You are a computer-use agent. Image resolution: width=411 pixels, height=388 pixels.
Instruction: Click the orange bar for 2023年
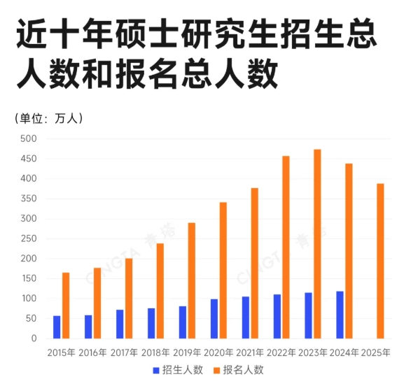(318, 244)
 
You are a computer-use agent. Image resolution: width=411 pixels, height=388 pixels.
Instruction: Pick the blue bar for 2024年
(340, 315)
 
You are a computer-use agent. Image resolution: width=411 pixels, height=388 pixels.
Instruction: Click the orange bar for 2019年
(192, 280)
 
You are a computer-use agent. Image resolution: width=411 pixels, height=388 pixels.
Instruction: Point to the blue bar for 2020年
(214, 319)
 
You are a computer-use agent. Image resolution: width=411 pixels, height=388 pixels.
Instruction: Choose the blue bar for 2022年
(277, 316)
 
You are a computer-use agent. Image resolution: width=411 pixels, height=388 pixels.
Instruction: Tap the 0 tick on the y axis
(33, 338)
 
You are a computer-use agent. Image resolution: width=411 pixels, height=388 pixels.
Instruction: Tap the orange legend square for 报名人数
(217, 370)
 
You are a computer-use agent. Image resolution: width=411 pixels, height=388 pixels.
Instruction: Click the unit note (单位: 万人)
(49, 118)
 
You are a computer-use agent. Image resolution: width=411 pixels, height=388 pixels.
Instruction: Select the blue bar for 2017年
(120, 324)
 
